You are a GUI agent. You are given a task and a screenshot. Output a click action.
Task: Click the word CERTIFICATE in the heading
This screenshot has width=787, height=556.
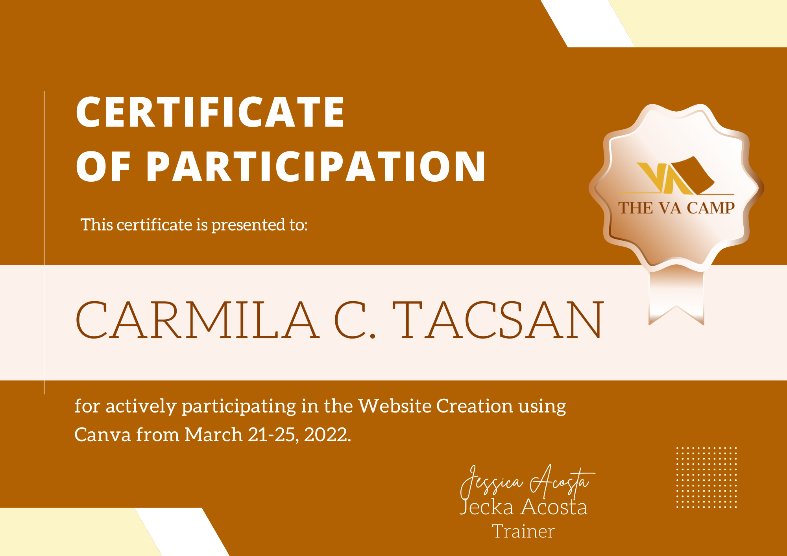(x=210, y=112)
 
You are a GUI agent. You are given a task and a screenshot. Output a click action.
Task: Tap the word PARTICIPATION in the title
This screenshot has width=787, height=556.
(x=316, y=167)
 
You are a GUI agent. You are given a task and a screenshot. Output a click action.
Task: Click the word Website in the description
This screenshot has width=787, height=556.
(x=395, y=406)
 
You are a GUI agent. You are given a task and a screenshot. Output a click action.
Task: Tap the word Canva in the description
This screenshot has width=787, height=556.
(x=102, y=435)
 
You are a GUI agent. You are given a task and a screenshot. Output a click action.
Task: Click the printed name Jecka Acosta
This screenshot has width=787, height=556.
(x=523, y=507)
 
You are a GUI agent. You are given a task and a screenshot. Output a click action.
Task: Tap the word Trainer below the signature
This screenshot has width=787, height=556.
(x=523, y=532)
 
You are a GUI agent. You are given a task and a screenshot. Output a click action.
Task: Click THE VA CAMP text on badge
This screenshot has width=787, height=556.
(x=676, y=208)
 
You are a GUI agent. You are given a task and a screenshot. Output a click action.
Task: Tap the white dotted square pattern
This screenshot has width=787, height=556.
(x=706, y=477)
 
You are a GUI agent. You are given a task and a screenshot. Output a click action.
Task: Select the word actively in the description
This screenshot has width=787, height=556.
(x=141, y=406)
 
